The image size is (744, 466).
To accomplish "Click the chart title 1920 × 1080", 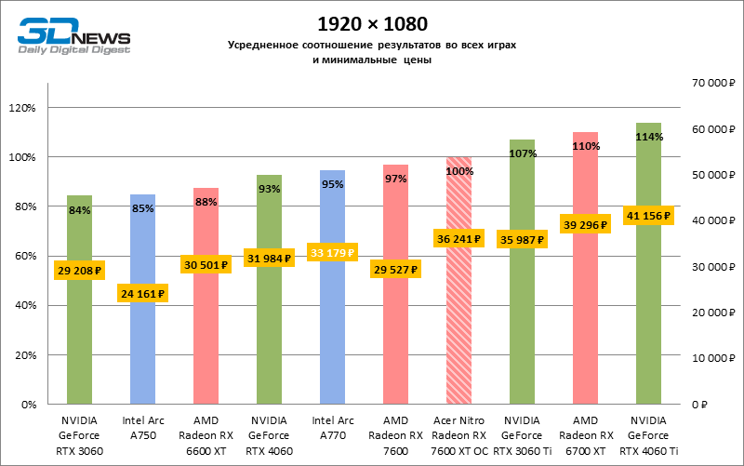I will click(x=373, y=22).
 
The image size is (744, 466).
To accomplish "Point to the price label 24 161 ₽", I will click(x=142, y=294).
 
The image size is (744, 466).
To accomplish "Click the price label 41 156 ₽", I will click(x=648, y=216).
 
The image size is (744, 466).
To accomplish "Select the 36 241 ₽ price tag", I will click(x=458, y=238).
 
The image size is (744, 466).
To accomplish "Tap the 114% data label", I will click(x=648, y=137).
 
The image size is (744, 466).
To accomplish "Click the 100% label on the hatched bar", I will click(x=458, y=171).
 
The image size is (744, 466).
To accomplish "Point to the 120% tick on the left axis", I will click(x=21, y=108).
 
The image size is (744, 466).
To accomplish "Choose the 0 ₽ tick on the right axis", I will click(x=700, y=405).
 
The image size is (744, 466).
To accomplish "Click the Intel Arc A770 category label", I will click(x=332, y=428).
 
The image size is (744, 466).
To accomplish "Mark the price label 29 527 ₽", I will click(x=395, y=270).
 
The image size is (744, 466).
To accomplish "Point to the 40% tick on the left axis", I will click(x=23, y=306).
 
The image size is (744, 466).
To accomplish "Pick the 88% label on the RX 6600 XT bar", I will click(x=206, y=203).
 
